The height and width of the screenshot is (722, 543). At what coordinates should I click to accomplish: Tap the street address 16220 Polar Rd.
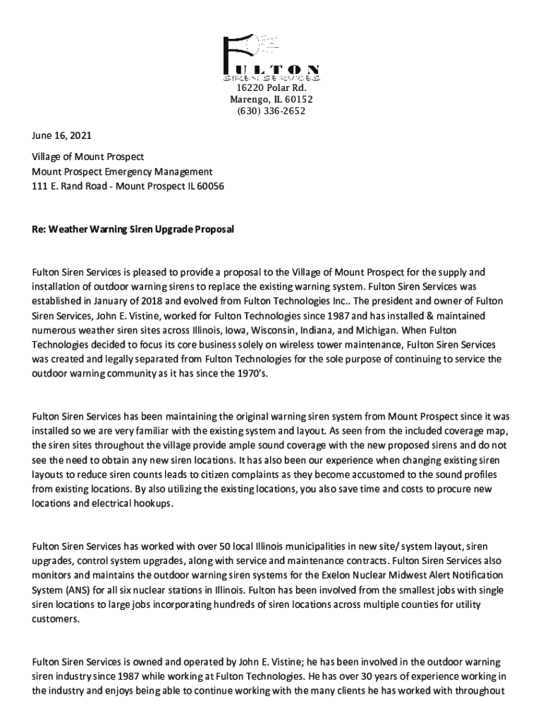271,87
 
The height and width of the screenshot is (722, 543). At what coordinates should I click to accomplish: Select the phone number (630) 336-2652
271,111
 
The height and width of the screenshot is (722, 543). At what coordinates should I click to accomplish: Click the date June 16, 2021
62,135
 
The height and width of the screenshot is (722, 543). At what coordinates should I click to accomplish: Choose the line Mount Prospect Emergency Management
122,171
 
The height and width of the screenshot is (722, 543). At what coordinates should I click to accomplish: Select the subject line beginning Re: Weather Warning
133,230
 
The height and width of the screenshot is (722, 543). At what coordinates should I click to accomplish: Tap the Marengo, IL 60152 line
271,99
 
